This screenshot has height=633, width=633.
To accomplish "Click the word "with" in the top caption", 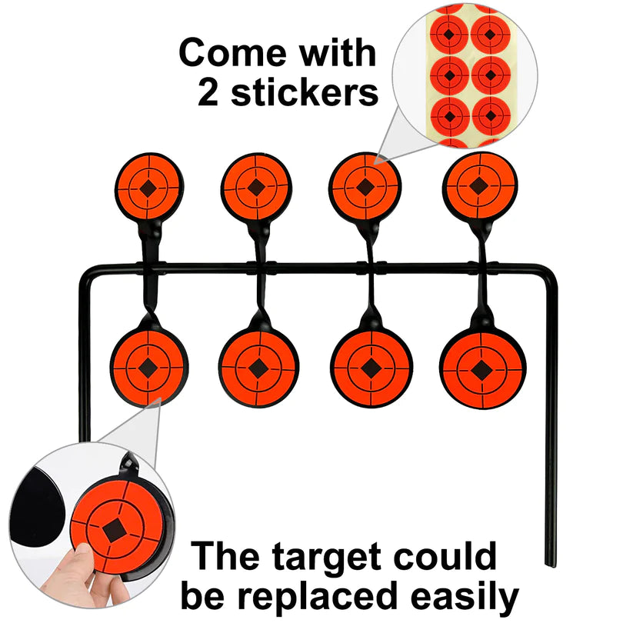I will tap(338, 55).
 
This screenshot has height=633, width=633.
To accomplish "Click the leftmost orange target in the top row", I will tap(150, 184).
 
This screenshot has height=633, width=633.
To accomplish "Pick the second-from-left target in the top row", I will tap(255, 185).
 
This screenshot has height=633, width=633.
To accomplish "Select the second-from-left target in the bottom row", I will tap(258, 366).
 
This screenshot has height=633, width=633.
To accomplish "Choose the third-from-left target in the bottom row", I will tap(371, 368).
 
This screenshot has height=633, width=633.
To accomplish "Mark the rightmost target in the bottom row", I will tap(482, 370).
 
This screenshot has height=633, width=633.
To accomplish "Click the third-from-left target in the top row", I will tap(365, 186).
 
